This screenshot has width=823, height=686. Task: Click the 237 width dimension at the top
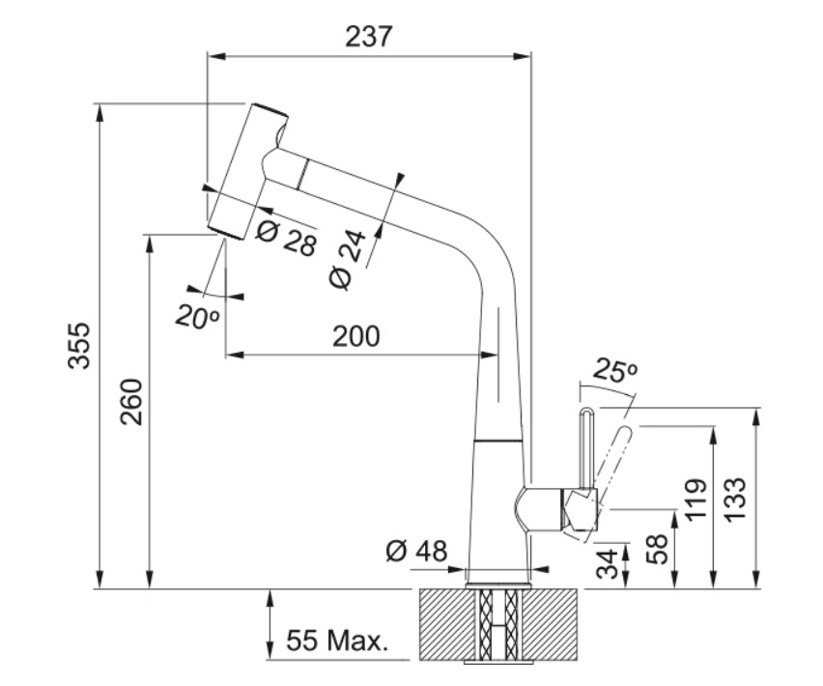pos(368,37)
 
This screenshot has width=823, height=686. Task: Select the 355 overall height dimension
pos(79,346)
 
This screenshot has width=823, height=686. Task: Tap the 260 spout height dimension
pos(131,402)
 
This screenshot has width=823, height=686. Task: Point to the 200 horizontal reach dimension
pos(355,336)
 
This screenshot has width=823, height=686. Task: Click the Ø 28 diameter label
pos(287,238)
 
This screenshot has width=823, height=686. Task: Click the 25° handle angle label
pos(615,370)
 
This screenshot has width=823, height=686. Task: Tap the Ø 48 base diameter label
pos(416,551)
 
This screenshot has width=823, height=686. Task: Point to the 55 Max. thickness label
pos(337,641)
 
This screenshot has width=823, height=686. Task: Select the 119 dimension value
pos(696,500)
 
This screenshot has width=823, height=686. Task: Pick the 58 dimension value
pos(657,549)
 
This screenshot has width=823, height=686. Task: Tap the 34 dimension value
pos(608,564)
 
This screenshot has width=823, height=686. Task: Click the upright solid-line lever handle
pos(586,447)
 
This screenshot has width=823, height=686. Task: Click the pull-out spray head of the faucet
pos(247,172)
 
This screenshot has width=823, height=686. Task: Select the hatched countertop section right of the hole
pos(552,624)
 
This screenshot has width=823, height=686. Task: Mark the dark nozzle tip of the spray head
pos(226,234)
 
